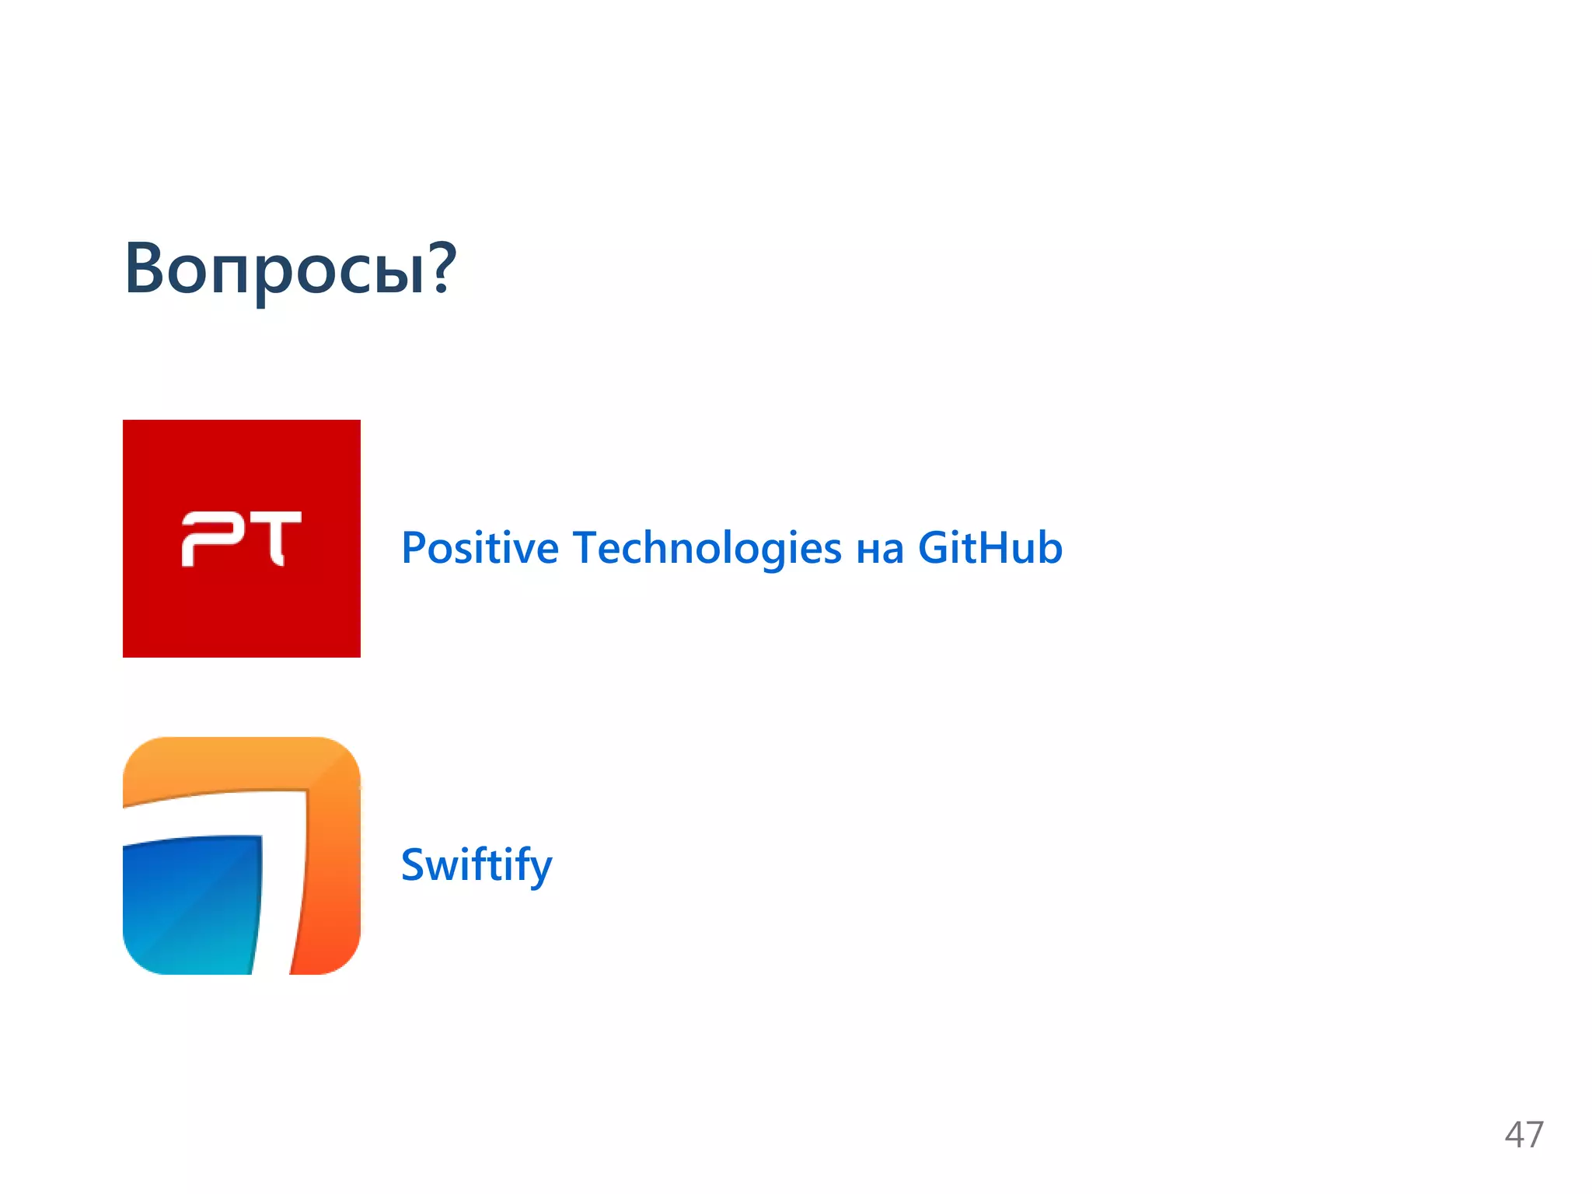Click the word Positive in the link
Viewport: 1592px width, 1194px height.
tap(480, 547)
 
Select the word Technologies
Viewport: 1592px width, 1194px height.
tap(707, 547)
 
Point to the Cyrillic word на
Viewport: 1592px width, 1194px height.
tap(879, 550)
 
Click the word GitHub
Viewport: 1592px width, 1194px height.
tap(990, 547)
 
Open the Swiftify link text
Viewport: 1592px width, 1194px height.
tap(476, 864)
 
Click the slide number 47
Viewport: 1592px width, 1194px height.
tap(1524, 1135)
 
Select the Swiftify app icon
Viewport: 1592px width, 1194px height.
tap(242, 855)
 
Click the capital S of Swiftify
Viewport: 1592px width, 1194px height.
tap(416, 864)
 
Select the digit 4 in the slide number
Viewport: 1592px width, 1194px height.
tap(1514, 1135)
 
